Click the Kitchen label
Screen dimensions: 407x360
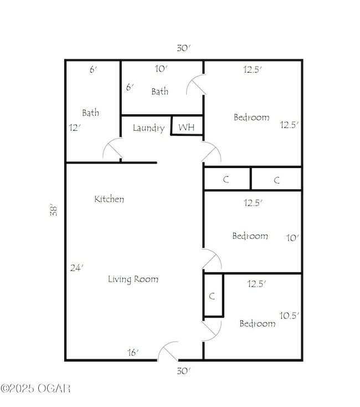109,199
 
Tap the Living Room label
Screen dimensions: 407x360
133,279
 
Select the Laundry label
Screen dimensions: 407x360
148,128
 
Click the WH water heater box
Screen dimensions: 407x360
187,127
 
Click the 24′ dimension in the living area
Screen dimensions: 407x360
76,268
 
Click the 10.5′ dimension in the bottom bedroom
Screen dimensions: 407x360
289,315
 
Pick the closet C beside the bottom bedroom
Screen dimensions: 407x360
212,296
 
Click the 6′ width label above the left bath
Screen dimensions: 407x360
94,70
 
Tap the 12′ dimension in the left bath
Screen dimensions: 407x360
75,127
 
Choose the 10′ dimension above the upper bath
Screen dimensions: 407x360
161,70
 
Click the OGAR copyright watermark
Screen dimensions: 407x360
35,388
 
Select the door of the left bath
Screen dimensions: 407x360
112,150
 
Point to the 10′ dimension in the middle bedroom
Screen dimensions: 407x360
292,237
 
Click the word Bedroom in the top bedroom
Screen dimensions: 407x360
251,117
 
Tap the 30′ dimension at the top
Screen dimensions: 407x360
183,48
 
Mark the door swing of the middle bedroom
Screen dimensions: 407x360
211,260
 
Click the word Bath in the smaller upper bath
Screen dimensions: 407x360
160,91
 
